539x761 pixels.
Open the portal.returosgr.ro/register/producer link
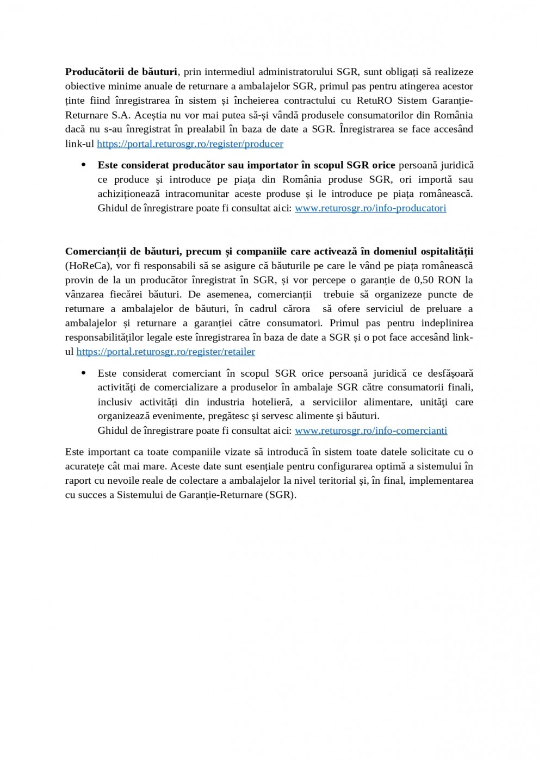tap(190, 144)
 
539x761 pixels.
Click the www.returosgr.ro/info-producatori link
tap(370, 208)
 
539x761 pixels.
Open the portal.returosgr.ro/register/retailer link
tap(165, 352)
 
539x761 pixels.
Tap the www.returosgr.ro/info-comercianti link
tap(370, 431)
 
